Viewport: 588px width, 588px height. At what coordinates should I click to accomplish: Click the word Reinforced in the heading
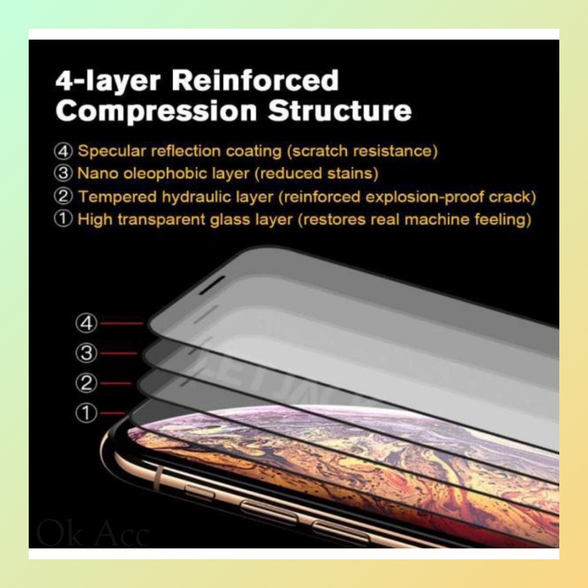[x=255, y=81]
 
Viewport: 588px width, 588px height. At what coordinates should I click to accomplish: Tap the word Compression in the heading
[x=156, y=111]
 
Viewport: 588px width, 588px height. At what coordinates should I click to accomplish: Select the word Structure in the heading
[x=339, y=111]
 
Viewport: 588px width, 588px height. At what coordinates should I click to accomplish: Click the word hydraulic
[x=201, y=197]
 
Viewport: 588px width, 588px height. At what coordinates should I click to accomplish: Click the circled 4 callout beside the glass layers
[x=86, y=323]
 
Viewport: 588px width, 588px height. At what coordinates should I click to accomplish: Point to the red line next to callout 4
[x=122, y=323]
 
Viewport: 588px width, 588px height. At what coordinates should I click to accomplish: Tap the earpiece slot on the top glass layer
[x=212, y=285]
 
